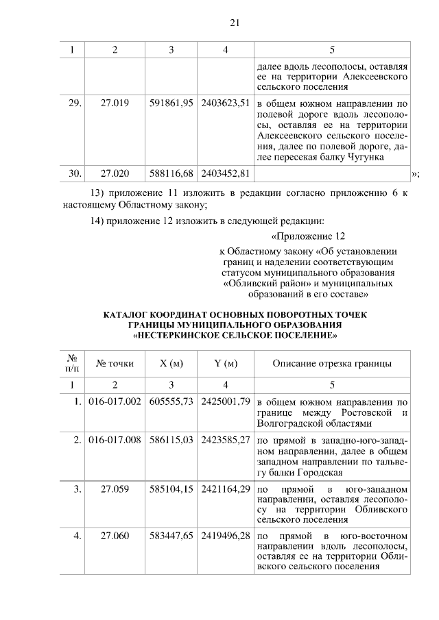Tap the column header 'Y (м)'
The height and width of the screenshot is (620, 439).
[226, 363]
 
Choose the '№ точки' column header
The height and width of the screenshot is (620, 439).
[115, 363]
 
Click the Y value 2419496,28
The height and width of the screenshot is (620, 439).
[226, 535]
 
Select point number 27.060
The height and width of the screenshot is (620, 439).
[115, 535]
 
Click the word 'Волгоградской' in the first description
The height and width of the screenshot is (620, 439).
[289, 423]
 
